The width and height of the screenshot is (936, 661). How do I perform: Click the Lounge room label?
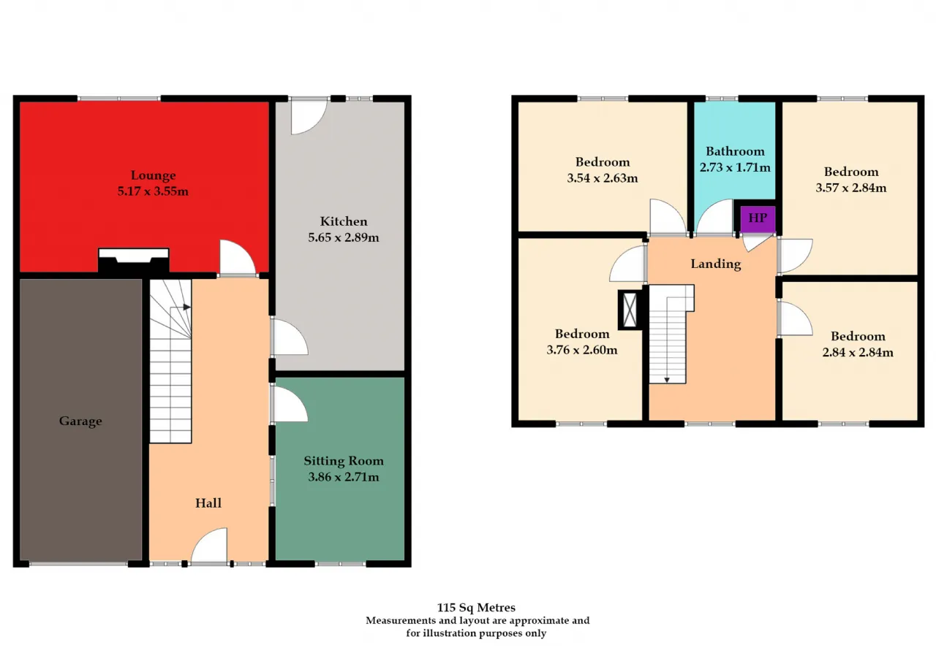click(153, 175)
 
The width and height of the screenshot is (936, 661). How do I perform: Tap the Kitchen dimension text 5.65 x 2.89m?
click(344, 237)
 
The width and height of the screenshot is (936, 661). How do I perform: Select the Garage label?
click(80, 421)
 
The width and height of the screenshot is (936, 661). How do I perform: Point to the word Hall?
click(208, 503)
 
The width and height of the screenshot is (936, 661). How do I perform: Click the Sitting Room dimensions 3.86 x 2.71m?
click(344, 476)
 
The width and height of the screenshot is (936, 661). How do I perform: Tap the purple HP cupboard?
click(758, 218)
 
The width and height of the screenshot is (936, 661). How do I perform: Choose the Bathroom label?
click(735, 151)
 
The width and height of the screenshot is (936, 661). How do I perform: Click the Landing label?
click(716, 264)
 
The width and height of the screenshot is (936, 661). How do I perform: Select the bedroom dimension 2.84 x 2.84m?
click(858, 352)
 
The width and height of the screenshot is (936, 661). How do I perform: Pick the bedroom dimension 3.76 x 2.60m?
click(582, 350)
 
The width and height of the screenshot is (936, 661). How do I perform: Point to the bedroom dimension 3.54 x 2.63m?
click(602, 178)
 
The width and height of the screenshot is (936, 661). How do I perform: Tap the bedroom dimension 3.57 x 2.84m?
click(850, 188)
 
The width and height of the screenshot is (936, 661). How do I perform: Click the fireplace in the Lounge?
click(134, 261)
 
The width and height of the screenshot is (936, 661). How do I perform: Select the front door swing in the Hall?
click(209, 546)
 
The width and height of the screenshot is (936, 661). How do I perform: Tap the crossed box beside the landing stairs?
click(630, 310)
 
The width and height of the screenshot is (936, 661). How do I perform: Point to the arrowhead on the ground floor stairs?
click(186, 307)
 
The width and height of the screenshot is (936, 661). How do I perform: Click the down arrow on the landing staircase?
click(667, 380)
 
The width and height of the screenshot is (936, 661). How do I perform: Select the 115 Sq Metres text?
click(476, 608)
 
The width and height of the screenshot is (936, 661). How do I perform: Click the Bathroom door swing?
click(715, 217)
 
